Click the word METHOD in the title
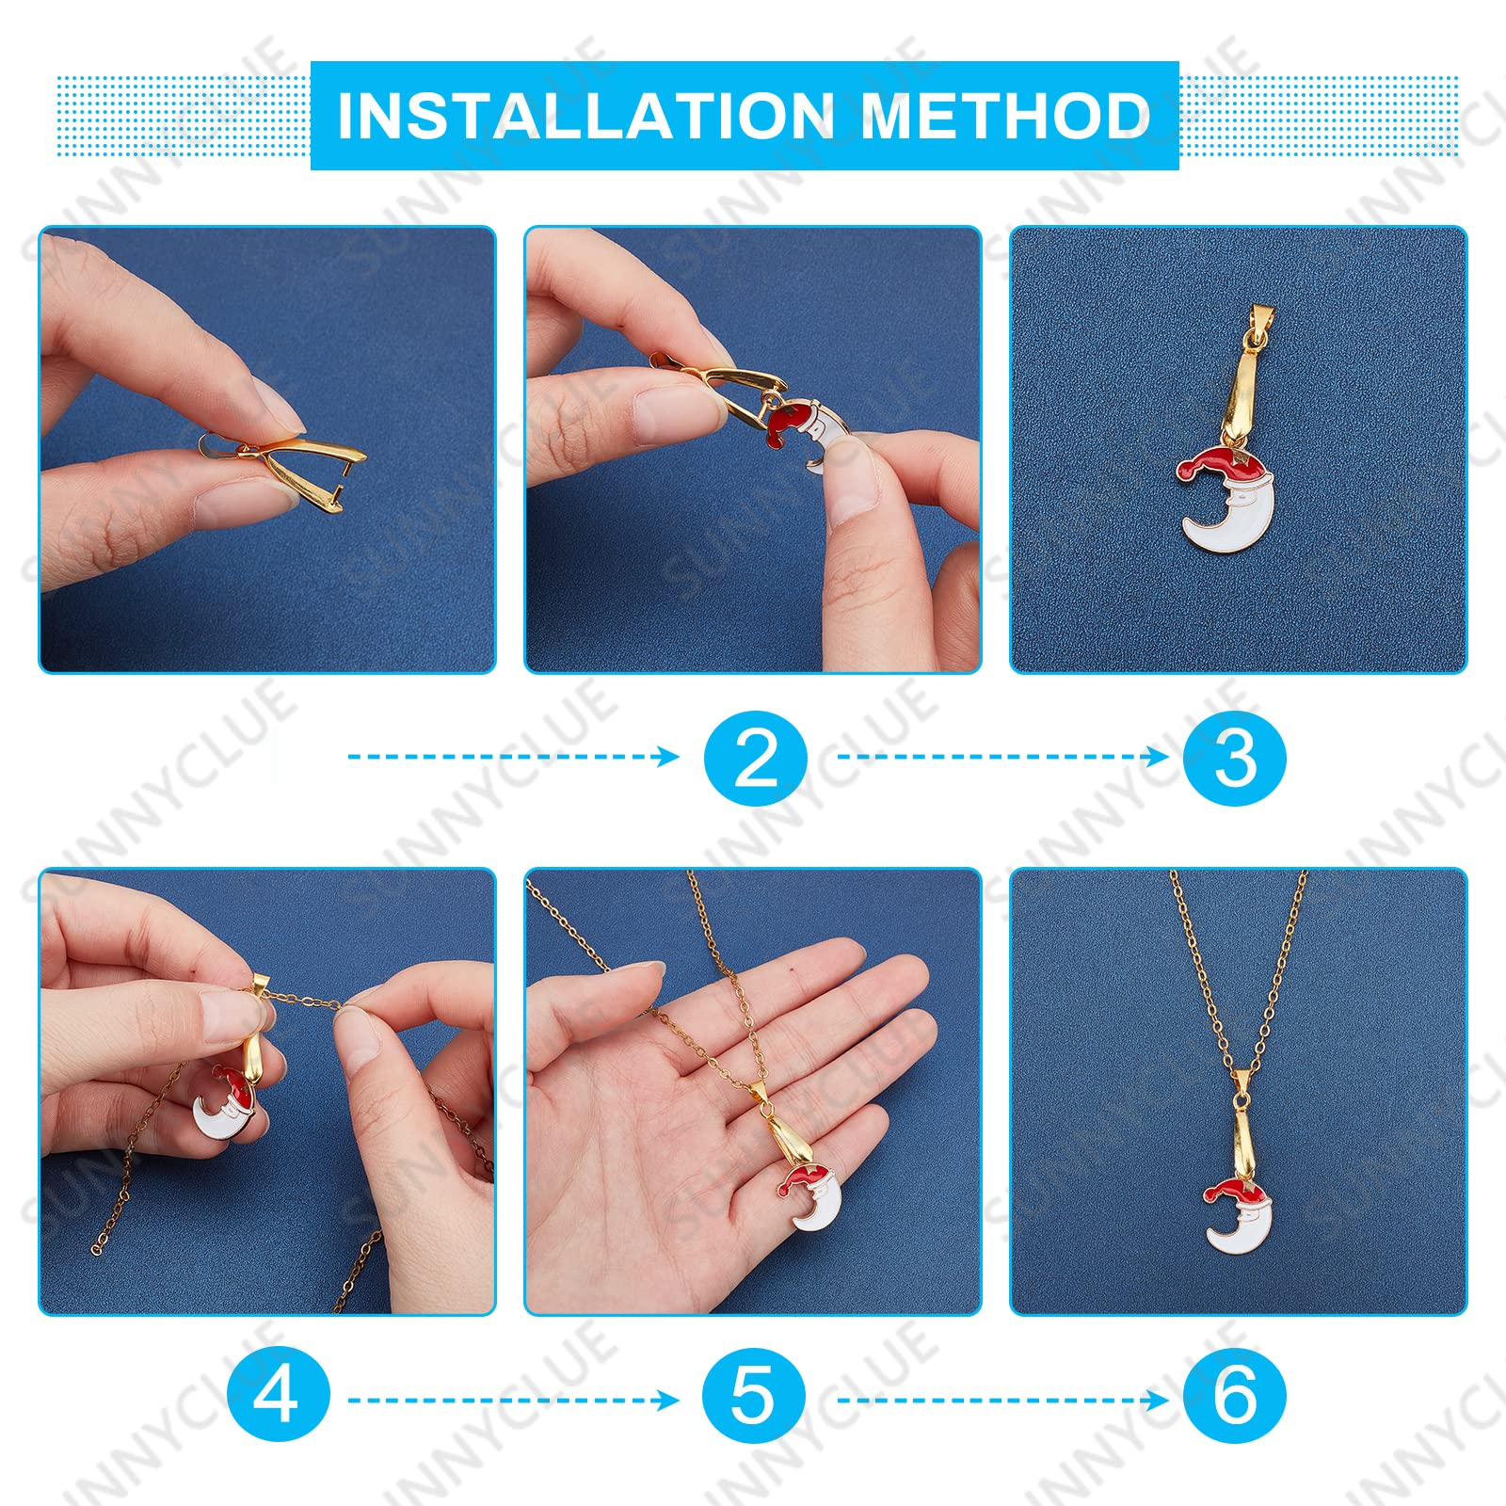(1005, 116)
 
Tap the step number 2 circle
(755, 758)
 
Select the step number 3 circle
(1234, 758)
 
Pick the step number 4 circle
(278, 1395)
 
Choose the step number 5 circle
(754, 1395)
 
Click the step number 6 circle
(1234, 1395)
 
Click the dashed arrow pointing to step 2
(513, 757)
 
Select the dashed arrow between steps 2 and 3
(1002, 757)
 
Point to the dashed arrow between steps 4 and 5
(513, 1401)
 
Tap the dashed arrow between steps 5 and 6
(1002, 1401)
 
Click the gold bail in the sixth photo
(1242, 1125)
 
